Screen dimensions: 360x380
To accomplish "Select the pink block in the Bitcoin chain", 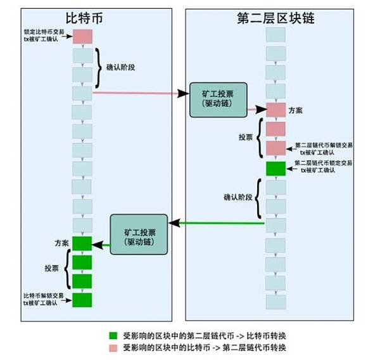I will point(82,37).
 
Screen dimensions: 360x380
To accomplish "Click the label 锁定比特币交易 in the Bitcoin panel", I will point(43,32).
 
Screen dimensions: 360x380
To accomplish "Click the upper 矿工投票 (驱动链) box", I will point(218,99).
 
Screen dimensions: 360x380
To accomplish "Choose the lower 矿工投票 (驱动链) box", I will point(139,234).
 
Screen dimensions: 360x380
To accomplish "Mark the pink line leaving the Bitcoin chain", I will point(134,94).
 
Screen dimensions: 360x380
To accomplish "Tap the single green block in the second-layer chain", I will point(275,169).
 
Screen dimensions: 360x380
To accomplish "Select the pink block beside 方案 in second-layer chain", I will point(275,110).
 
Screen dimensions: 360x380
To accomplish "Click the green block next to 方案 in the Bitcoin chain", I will point(82,243).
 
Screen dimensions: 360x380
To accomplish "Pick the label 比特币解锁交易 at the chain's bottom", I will point(43,296).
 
